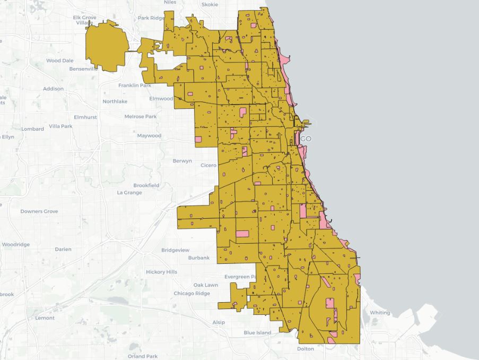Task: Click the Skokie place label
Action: (x=210, y=4)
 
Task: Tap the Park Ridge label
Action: (x=151, y=18)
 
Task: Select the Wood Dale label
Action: (x=60, y=61)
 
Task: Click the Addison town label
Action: (x=53, y=89)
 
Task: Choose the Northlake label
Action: (x=115, y=101)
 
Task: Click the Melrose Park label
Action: (x=141, y=116)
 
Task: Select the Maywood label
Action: (x=149, y=135)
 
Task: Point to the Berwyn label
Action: (x=182, y=161)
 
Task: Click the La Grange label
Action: (x=129, y=193)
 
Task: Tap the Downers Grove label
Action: (x=39, y=211)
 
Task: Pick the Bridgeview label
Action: (x=175, y=250)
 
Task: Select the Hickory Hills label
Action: (x=162, y=272)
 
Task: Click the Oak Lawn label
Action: (x=206, y=285)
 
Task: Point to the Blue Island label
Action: (x=257, y=333)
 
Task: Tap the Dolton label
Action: (x=306, y=349)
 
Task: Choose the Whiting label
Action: (x=380, y=313)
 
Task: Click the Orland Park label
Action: (x=143, y=356)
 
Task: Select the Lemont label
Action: (x=45, y=318)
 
